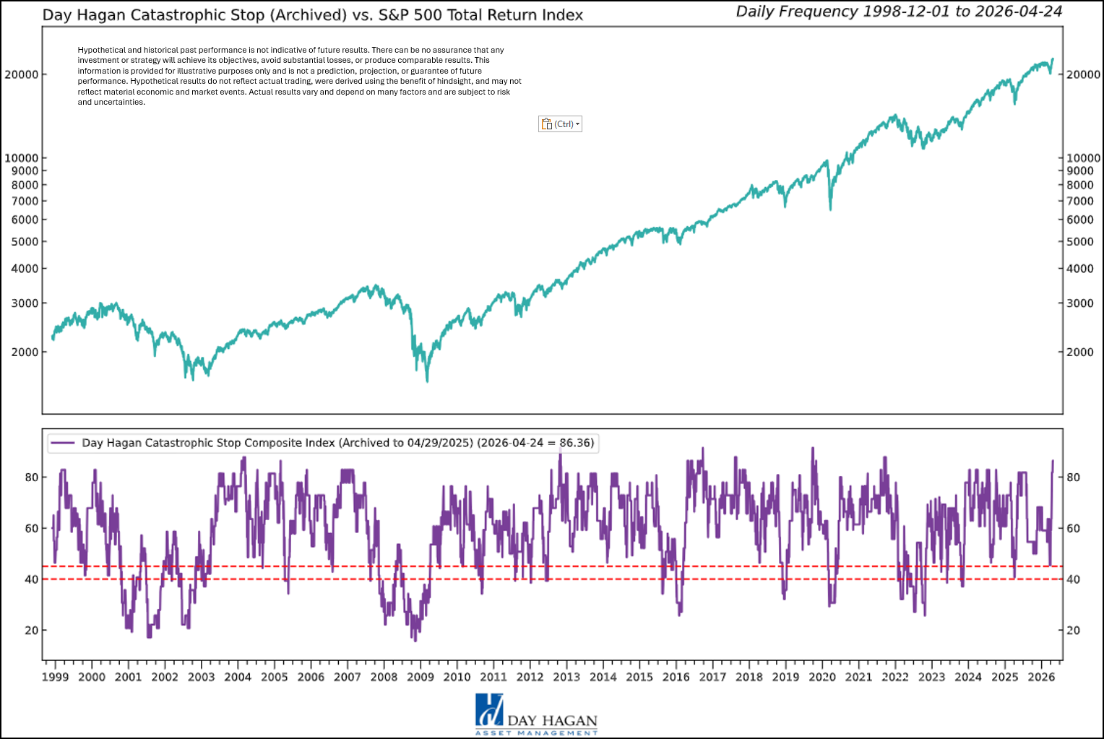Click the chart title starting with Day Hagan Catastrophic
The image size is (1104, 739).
pos(312,15)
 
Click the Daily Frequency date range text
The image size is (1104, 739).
pos(899,12)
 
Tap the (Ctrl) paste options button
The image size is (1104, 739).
pos(560,124)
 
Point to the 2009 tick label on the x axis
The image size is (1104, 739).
pos(421,677)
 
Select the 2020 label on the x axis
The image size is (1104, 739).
pos(822,677)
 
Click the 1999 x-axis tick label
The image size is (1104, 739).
pos(55,677)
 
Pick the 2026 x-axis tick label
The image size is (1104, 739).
pos(1041,677)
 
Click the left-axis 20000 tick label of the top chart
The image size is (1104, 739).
pos(22,74)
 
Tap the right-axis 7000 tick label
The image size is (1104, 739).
pos(1080,201)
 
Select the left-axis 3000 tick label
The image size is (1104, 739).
pos(25,303)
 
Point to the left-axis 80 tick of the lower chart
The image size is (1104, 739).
pos(32,477)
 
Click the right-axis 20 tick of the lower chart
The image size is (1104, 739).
pos(1074,631)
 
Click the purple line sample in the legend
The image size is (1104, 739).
pos(64,443)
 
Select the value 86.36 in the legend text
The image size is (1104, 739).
pos(576,443)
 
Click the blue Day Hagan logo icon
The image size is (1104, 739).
pos(489,709)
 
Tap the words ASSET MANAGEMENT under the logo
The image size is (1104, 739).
pos(536,732)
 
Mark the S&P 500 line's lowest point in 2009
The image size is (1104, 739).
pos(427,380)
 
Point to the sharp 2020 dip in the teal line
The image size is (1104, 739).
pos(830,209)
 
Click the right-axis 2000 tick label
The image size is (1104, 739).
pos(1080,352)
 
